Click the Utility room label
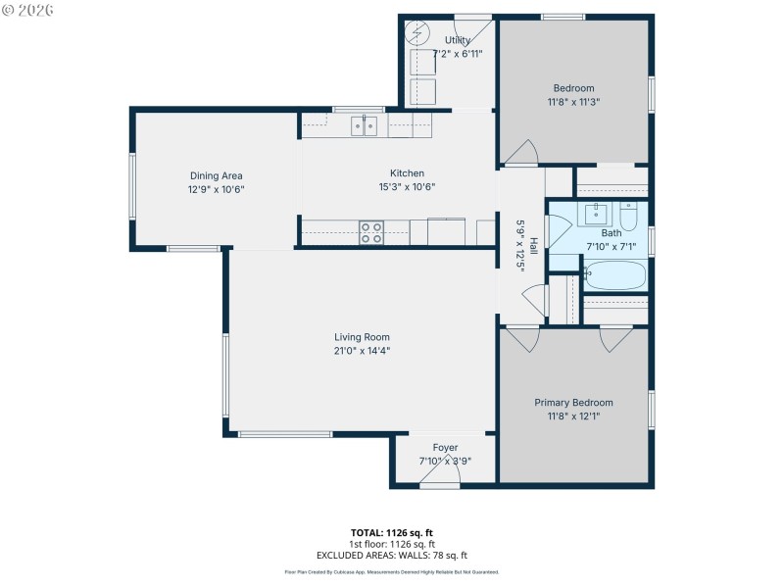457,40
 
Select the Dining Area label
217,175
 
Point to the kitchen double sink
365,124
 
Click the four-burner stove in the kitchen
370,232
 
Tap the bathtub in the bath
614,276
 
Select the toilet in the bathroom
629,213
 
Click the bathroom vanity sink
597,212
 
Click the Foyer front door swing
434,474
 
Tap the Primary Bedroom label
573,403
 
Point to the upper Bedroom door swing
519,152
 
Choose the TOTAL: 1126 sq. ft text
391,532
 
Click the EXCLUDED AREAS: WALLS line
391,555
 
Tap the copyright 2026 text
28,10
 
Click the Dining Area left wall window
132,185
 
